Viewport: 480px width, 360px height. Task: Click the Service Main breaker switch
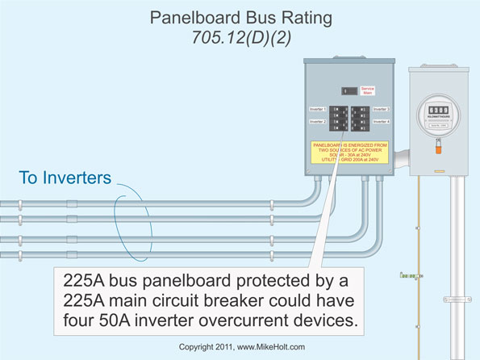pos(346,91)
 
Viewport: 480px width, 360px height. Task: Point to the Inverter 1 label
pos(319,108)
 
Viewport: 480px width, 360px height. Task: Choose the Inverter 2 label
pos(319,121)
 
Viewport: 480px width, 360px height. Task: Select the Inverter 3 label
pos(382,108)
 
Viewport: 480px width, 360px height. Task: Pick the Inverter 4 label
pos(382,121)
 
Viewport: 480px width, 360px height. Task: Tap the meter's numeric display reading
pos(437,110)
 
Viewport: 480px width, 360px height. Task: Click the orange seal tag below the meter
pos(438,149)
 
